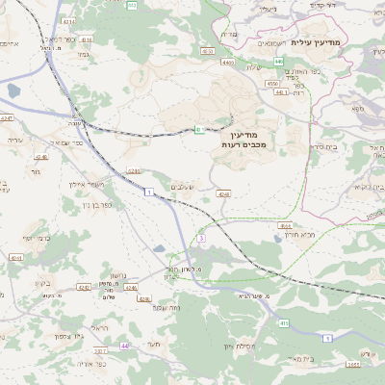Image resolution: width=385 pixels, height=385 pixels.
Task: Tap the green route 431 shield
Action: (x=198, y=128)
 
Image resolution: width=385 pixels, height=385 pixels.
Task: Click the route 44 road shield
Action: (x=124, y=345)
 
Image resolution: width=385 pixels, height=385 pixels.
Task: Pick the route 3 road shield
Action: (x=201, y=238)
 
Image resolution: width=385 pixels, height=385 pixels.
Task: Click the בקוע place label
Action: (x=39, y=282)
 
